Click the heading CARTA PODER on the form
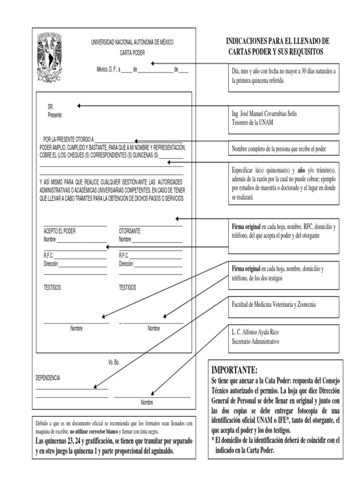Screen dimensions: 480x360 coord(132,53)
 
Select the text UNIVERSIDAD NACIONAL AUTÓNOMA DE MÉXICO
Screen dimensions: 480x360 coord(132,42)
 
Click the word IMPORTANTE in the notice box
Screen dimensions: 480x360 coord(234,369)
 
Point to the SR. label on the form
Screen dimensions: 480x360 coord(51,107)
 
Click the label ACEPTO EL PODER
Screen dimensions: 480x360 coord(60,231)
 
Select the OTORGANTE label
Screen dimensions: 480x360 coord(129,231)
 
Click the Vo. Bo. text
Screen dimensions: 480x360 coord(114,362)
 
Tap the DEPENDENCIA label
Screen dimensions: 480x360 coord(48,378)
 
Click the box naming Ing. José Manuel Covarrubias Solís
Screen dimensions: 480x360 coord(284,118)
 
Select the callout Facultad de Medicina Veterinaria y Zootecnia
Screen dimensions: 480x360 coord(284,305)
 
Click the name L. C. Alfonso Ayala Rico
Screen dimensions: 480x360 coord(262,332)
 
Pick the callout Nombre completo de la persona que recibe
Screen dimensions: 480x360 coord(284,149)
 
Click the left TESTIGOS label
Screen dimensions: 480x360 coord(52,287)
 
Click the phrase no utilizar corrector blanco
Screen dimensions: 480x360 coord(94,431)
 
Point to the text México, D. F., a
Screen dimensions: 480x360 coord(108,70)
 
